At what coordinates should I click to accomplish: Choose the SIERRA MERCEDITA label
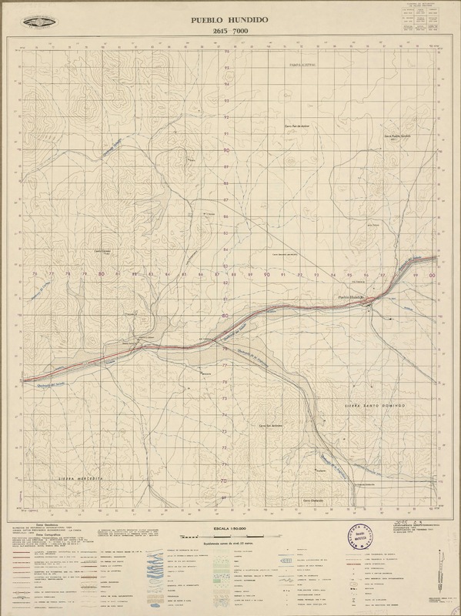point(80,478)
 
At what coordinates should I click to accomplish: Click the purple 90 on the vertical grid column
point(226,151)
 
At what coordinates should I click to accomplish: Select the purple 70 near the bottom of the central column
point(225,481)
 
